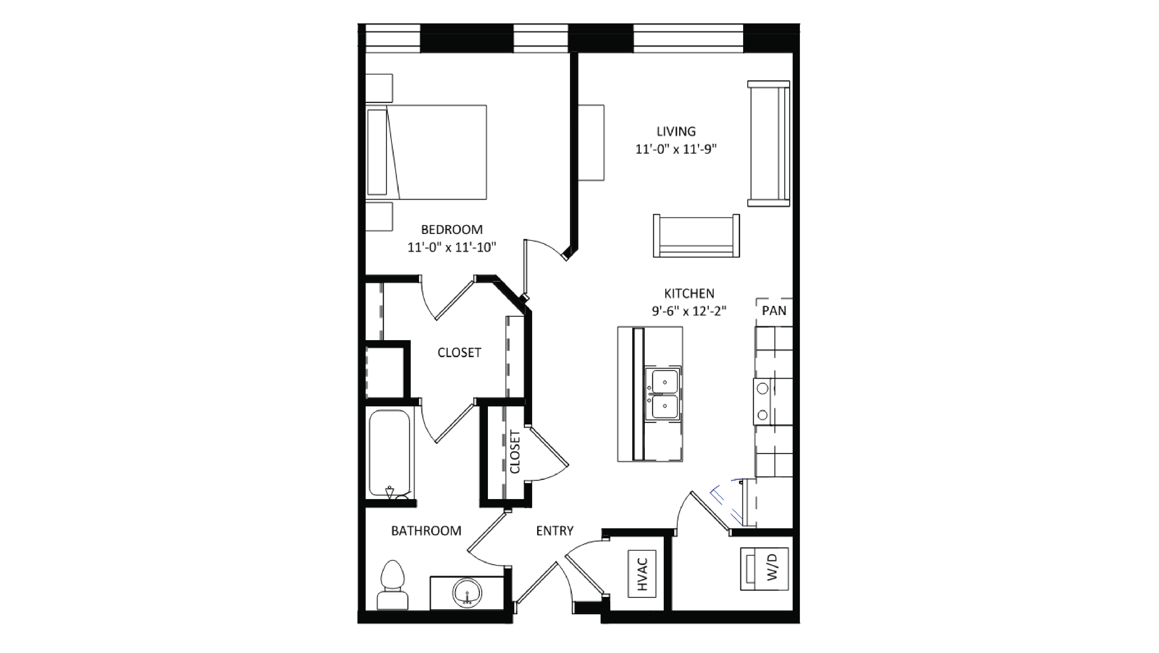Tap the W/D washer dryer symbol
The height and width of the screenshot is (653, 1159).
pyautogui.click(x=764, y=569)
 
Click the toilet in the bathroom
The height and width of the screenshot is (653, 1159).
pyautogui.click(x=392, y=586)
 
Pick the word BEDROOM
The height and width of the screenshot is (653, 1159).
pyautogui.click(x=452, y=230)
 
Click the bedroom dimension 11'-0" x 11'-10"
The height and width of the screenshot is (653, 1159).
pyautogui.click(x=452, y=247)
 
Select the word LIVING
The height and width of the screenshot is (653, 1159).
pyautogui.click(x=676, y=132)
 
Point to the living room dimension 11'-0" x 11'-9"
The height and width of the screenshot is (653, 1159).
pyautogui.click(x=676, y=149)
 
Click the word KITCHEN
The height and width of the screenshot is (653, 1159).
pyautogui.click(x=689, y=294)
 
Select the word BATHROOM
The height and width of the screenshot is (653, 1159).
pyautogui.click(x=426, y=531)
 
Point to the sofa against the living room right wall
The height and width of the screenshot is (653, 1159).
pyautogui.click(x=768, y=144)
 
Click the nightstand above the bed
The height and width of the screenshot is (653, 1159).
pyautogui.click(x=379, y=88)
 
